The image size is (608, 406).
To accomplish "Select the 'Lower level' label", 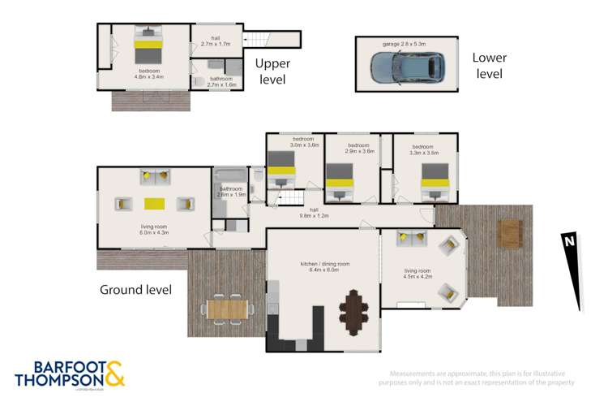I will (x=490, y=65).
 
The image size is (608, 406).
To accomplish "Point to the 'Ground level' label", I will (x=135, y=290).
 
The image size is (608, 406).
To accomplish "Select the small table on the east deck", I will (x=510, y=231).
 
